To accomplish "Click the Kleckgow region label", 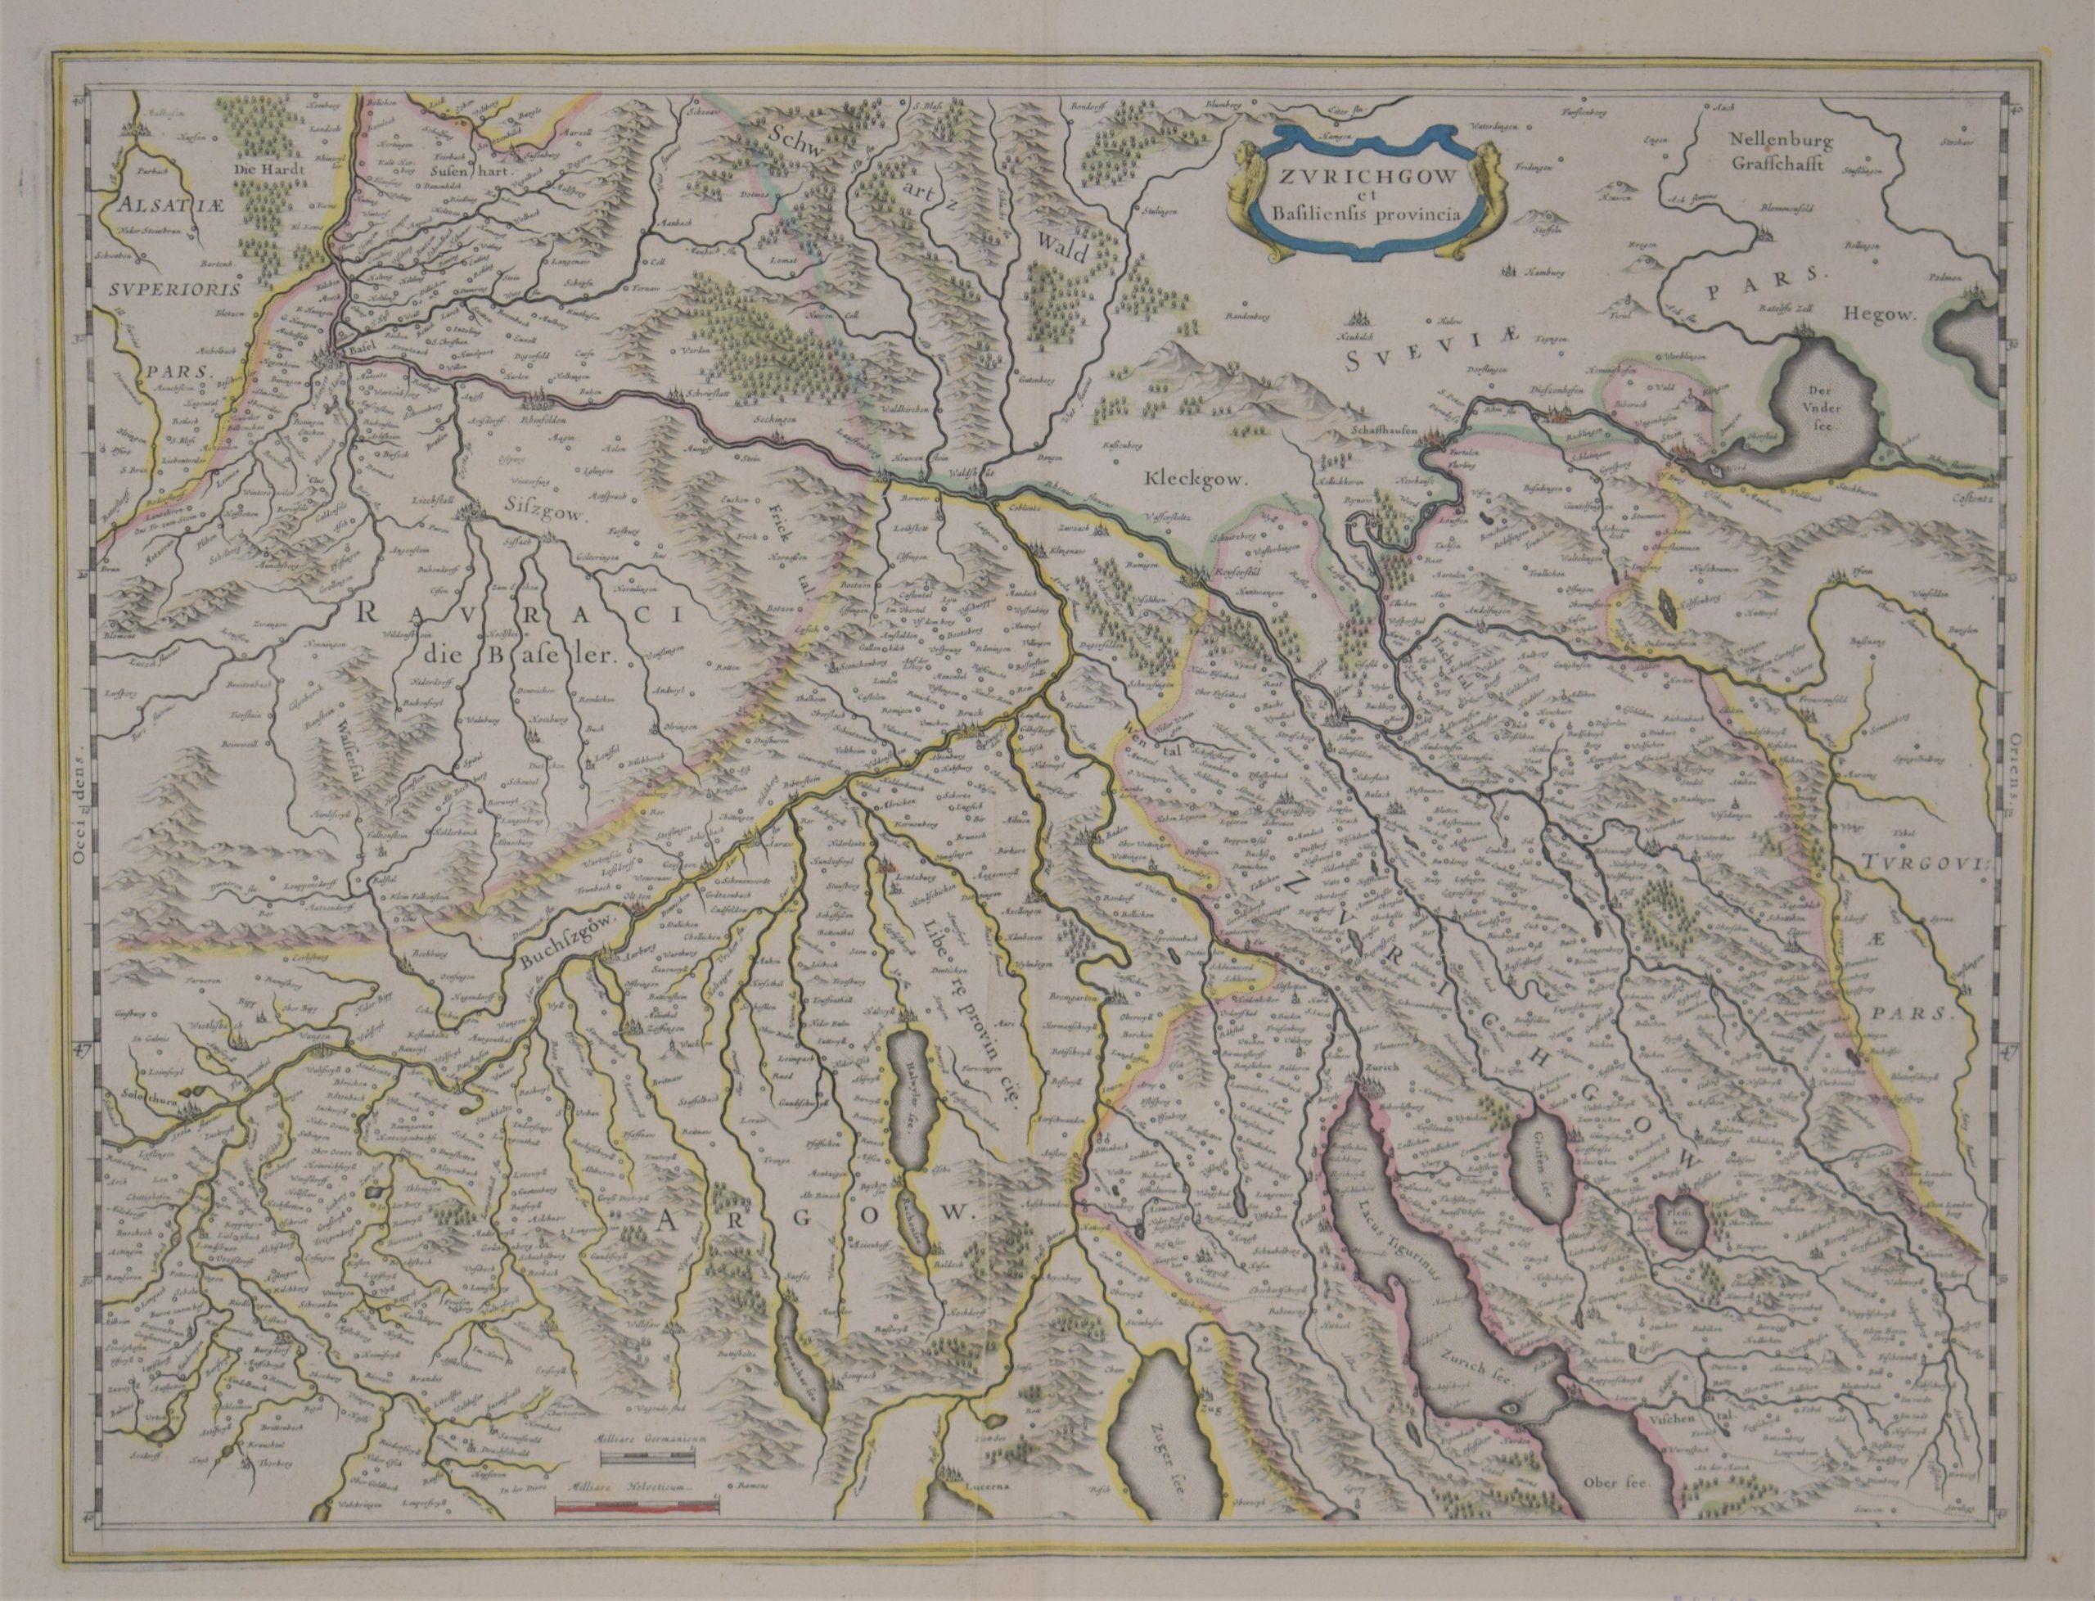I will pos(1195,481).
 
